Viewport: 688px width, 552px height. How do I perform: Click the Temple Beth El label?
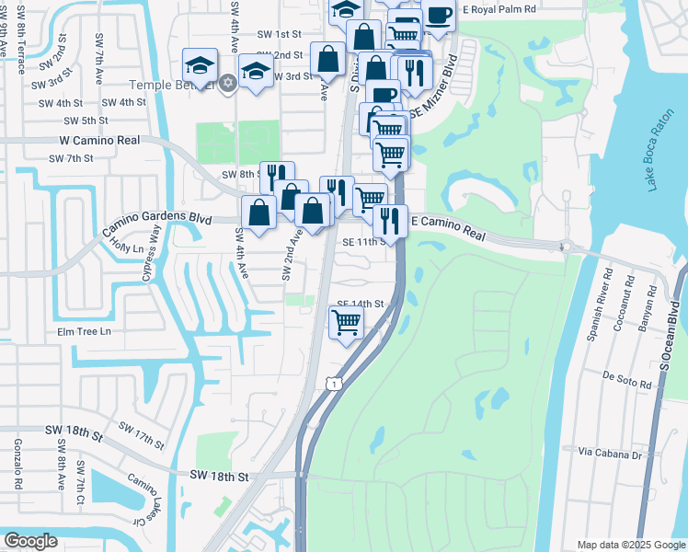click(x=170, y=85)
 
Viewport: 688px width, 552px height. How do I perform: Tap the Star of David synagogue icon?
click(x=228, y=85)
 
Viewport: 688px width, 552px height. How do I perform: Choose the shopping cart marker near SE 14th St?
click(x=346, y=323)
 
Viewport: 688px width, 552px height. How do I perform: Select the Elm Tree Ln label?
click(x=83, y=331)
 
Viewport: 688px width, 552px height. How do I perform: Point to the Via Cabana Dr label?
click(x=611, y=453)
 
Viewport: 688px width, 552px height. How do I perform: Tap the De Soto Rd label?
click(x=626, y=376)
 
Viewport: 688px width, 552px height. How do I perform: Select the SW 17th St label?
click(x=141, y=436)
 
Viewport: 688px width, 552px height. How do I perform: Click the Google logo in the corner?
click(x=30, y=541)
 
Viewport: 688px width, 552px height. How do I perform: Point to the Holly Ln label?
click(x=126, y=248)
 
